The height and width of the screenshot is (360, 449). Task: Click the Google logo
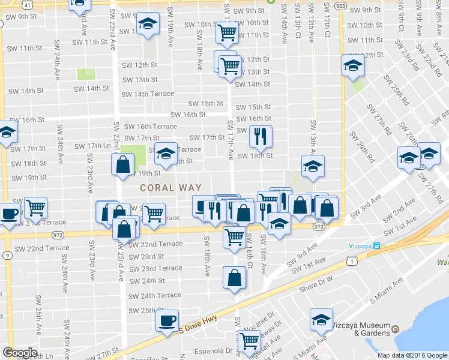tap(20, 353)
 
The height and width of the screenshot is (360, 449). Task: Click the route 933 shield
tap(340, 4)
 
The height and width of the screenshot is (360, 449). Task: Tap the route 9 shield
tap(6, 256)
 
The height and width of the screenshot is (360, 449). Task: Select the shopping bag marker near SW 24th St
tap(234, 277)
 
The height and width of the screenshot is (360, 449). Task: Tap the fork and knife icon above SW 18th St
tap(261, 136)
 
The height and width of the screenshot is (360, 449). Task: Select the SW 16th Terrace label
tap(150, 127)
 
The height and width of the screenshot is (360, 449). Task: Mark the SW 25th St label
tap(140, 310)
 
